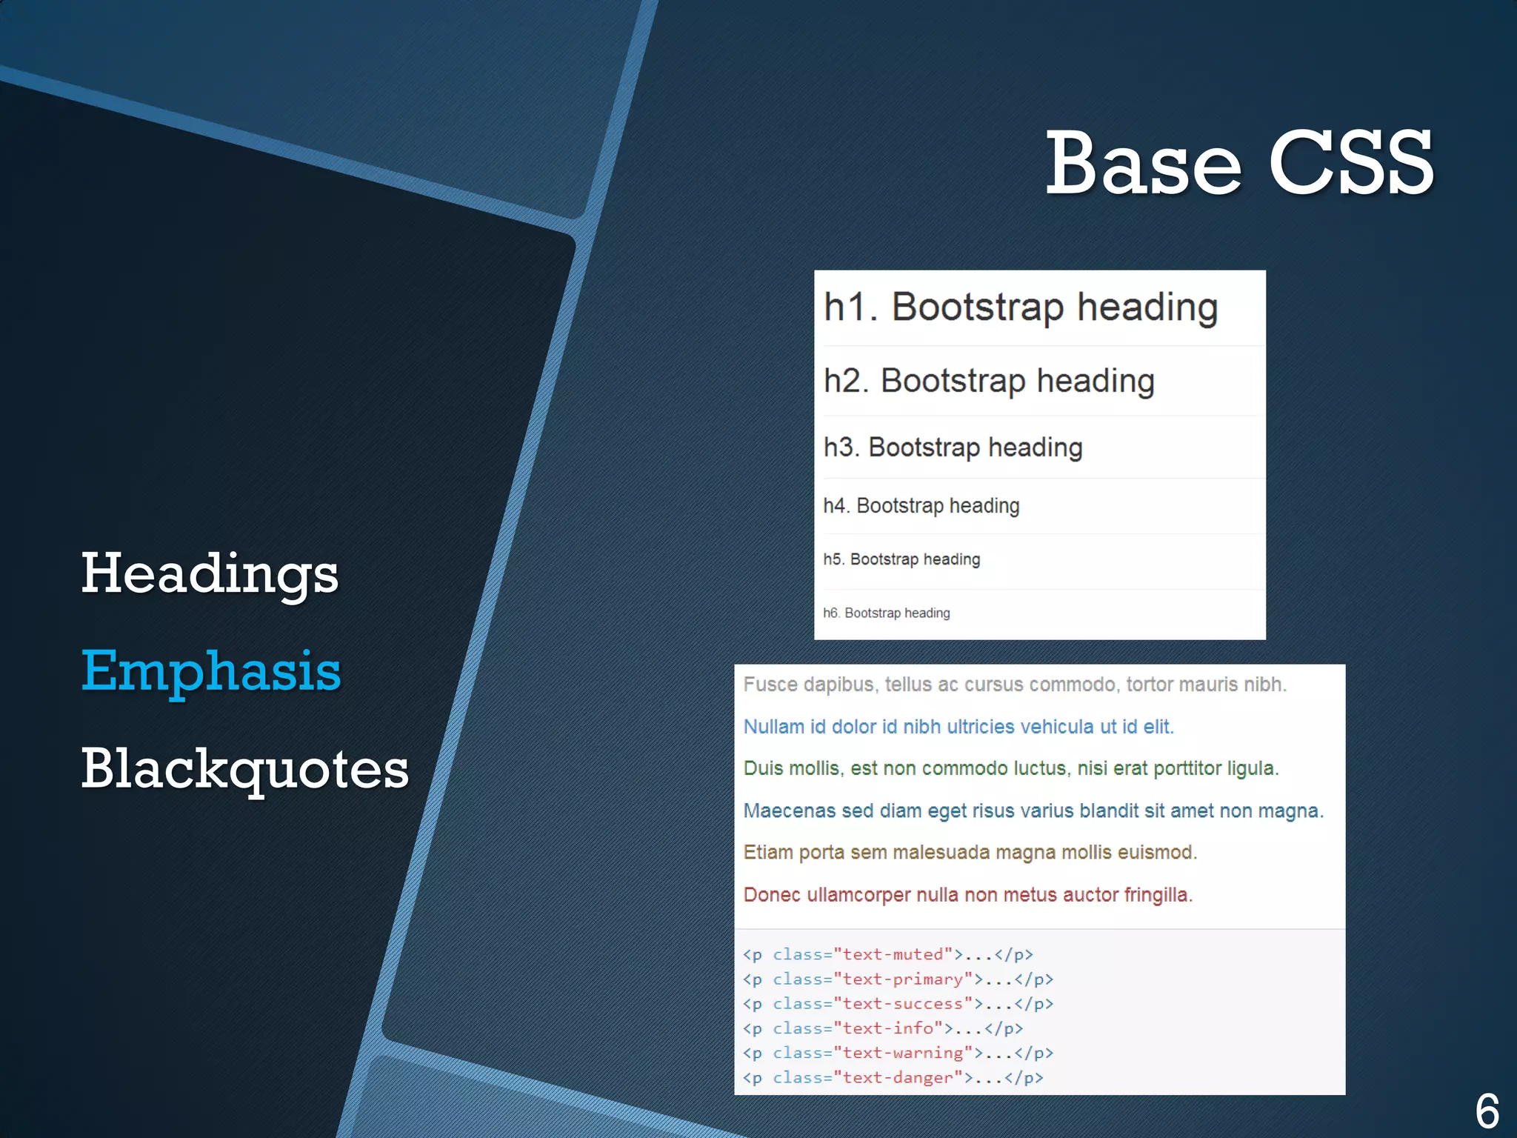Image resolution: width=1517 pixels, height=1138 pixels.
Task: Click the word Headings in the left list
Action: (x=210, y=574)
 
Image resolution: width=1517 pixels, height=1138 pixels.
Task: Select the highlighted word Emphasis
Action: (x=211, y=671)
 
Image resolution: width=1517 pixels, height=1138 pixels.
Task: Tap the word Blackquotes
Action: (x=244, y=769)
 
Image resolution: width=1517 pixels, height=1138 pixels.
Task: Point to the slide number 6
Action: (x=1487, y=1110)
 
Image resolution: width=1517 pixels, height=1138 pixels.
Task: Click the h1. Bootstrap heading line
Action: (x=1020, y=307)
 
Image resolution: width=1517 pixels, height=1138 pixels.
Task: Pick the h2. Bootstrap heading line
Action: (x=988, y=381)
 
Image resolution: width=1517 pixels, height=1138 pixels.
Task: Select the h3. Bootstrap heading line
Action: (x=953, y=447)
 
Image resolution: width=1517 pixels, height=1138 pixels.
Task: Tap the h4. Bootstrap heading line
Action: (x=921, y=506)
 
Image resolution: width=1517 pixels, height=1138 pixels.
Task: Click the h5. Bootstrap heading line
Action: (x=901, y=559)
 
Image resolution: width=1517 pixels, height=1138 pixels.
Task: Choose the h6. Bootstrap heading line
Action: (x=886, y=613)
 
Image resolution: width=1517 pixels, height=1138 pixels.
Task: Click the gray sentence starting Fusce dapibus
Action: (x=1014, y=685)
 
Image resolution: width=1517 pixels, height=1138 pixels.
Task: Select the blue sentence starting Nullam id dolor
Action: (x=958, y=727)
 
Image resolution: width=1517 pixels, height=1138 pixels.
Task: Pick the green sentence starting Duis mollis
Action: (x=1010, y=768)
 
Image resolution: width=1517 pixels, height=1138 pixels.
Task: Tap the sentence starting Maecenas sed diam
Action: (x=1033, y=811)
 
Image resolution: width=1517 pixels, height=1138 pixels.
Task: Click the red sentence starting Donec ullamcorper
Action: (x=967, y=895)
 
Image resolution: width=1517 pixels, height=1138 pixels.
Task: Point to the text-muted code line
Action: (x=887, y=954)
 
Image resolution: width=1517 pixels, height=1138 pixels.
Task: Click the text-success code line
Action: (x=897, y=1004)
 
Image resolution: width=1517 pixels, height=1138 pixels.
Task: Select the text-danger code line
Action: (x=893, y=1078)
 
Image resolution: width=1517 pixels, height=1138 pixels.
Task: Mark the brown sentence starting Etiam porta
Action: (x=970, y=853)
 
